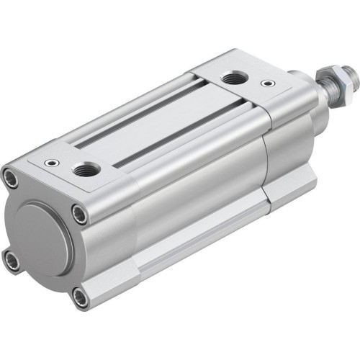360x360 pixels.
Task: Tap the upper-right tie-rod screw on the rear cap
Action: click(x=81, y=213)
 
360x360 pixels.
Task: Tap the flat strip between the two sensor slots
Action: click(x=144, y=127)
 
